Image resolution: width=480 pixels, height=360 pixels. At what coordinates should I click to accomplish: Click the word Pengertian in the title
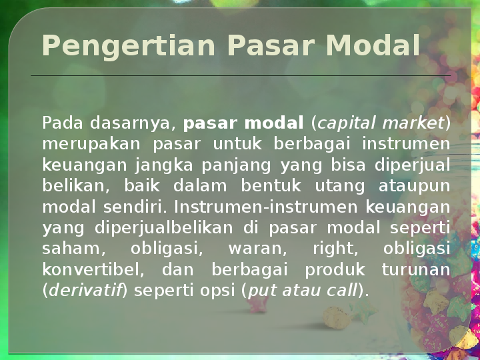click(x=129, y=46)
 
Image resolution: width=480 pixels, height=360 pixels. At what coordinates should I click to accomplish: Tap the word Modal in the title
click(x=373, y=45)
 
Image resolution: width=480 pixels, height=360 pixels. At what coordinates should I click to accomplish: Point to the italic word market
click(x=413, y=123)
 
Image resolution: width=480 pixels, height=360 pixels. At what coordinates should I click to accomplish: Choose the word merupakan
click(x=91, y=145)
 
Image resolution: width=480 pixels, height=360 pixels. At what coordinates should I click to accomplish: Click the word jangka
click(x=164, y=166)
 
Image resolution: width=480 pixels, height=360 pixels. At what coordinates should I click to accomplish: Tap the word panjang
click(x=236, y=166)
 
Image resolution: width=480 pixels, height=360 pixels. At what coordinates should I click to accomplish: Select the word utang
click(x=340, y=187)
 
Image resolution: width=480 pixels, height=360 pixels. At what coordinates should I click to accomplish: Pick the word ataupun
click(x=415, y=187)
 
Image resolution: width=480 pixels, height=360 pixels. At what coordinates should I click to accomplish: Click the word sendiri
click(x=135, y=207)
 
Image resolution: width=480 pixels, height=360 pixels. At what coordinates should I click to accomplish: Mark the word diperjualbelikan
click(x=164, y=228)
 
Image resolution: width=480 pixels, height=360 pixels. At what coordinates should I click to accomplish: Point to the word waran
click(x=258, y=249)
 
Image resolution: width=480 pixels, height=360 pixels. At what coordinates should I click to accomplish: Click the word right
click(x=335, y=249)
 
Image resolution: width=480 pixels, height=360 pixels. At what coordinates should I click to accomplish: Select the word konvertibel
click(x=93, y=270)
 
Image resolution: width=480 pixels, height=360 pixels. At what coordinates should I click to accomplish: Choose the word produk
click(x=335, y=270)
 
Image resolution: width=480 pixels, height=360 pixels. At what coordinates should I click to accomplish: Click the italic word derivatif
click(x=85, y=290)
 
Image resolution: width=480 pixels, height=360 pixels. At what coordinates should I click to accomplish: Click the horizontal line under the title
click(x=241, y=75)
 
